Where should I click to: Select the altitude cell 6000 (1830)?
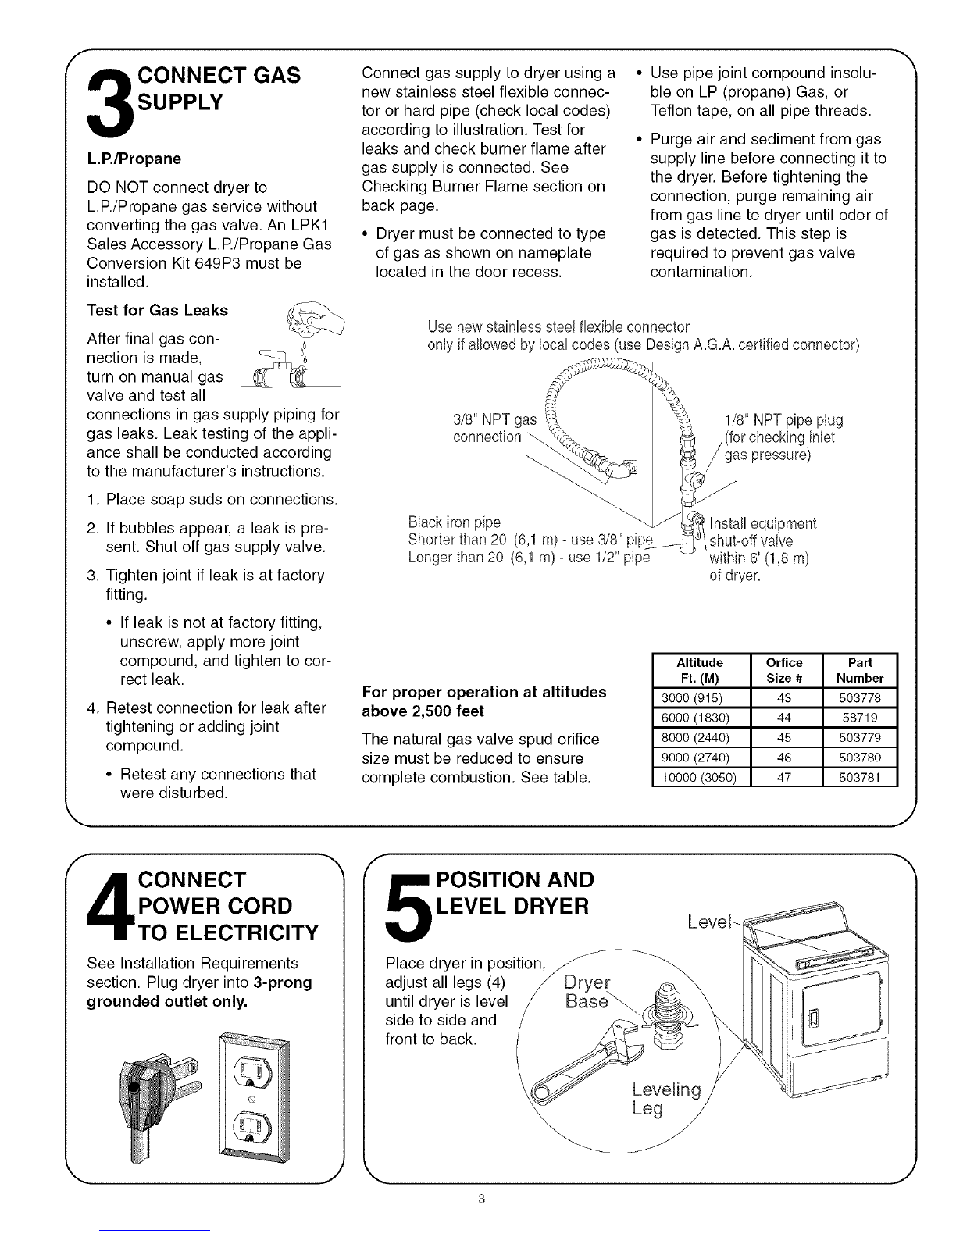pyautogui.click(x=700, y=717)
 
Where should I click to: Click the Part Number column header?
pyautogui.click(x=861, y=670)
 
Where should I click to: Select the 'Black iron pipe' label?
pyautogui.click(x=455, y=522)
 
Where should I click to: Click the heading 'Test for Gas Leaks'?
pyautogui.click(x=158, y=310)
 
